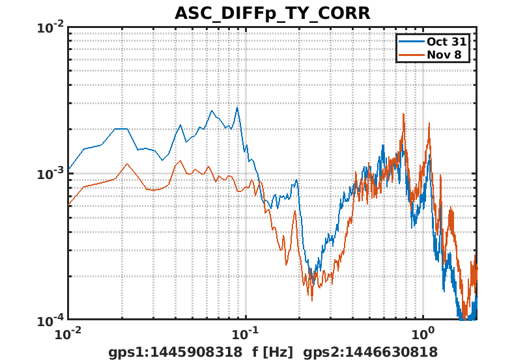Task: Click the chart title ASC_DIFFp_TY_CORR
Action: tap(272, 12)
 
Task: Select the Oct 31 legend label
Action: tap(444, 41)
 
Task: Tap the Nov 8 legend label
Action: tap(444, 55)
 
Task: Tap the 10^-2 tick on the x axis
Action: tap(68, 334)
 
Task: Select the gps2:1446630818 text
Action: tap(371, 352)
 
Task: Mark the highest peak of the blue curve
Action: tap(238, 107)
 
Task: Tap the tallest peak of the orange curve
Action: tap(405, 115)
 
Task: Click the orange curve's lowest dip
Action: tap(311, 300)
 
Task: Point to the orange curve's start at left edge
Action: tap(68, 206)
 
